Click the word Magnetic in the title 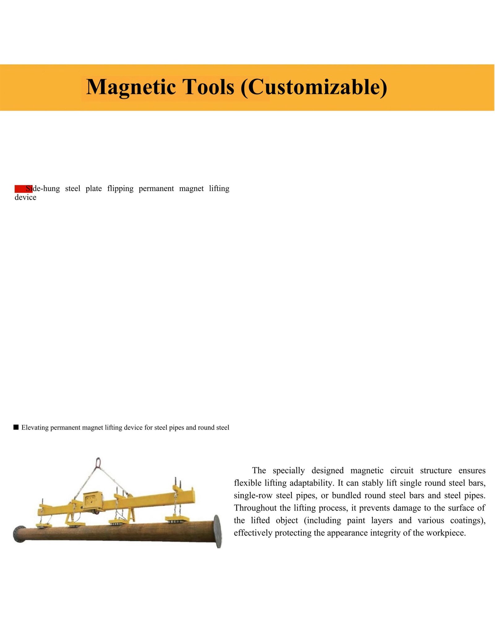coord(131,87)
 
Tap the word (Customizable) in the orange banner coord(314,87)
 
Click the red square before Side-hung coord(20,188)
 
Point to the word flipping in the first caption coord(120,188)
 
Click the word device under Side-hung coord(25,197)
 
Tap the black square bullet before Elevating coord(16,427)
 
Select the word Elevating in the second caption coord(35,428)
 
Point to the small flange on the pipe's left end coord(17,533)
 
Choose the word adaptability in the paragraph coord(312,483)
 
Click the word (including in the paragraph coord(322,520)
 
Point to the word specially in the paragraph coord(289,470)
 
